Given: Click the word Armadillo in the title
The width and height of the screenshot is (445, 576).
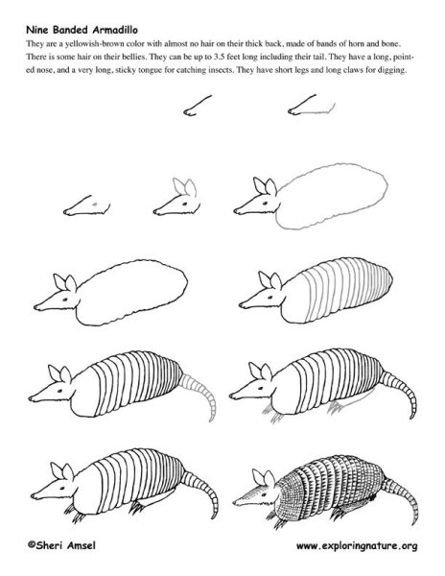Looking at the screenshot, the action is point(115,30).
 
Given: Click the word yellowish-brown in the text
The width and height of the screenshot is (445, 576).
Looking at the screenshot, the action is point(95,44).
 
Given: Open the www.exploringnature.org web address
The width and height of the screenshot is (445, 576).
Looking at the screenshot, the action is point(357,546).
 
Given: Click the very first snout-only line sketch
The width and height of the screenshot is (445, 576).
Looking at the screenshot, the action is point(198,106).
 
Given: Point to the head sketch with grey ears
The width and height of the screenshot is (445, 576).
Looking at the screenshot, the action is point(176,199).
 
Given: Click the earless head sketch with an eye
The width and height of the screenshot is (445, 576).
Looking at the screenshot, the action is point(87,205).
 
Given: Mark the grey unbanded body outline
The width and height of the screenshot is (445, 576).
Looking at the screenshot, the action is point(331,197).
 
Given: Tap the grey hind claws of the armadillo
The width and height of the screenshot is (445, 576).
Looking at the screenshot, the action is point(335,407).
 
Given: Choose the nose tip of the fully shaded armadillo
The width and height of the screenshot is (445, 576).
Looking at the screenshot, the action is point(235,502).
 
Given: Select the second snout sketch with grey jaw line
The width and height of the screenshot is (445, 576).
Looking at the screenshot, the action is point(312,106).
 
